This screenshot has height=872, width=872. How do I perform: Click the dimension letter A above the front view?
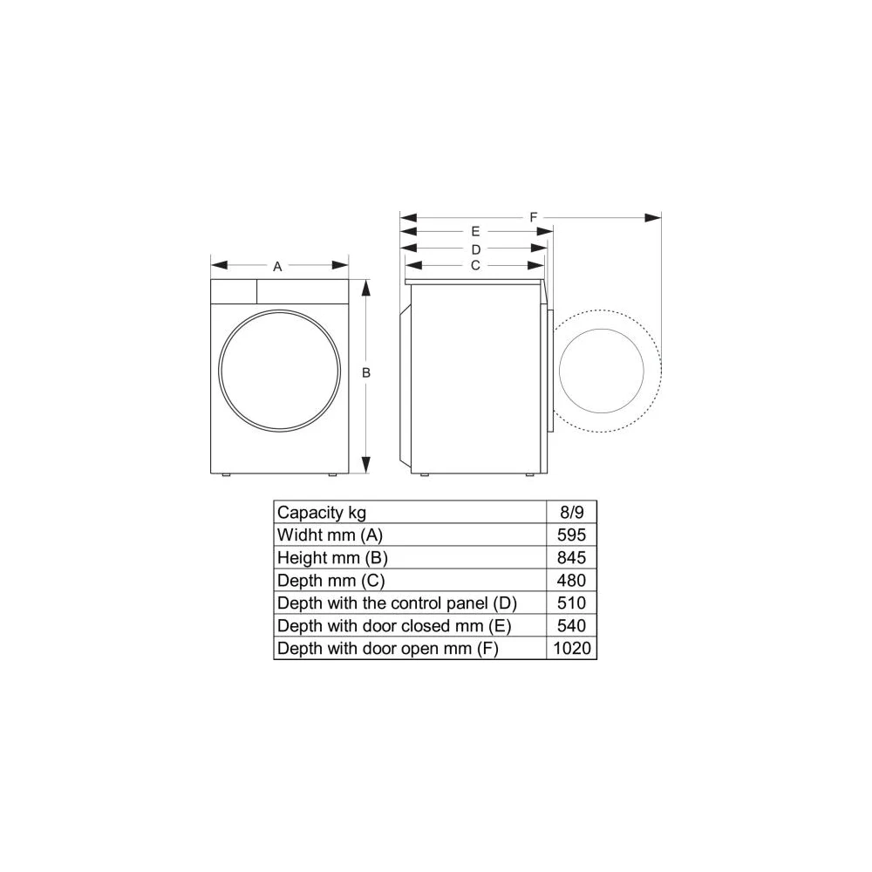[277, 266]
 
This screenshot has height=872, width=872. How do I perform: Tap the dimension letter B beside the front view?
[366, 372]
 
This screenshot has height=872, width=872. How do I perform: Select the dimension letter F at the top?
[534, 217]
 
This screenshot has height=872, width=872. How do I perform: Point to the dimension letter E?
[475, 231]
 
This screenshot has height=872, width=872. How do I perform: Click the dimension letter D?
[476, 249]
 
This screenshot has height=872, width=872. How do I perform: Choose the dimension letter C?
[475, 265]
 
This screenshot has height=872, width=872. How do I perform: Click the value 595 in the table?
[572, 535]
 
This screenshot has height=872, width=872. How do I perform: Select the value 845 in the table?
[572, 557]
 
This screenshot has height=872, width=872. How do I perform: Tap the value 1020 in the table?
[572, 649]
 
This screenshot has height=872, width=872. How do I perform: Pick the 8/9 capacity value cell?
[572, 512]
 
